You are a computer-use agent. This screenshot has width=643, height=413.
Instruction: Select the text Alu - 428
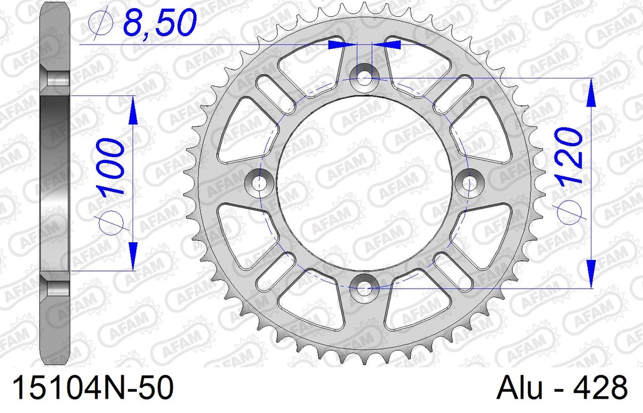562,387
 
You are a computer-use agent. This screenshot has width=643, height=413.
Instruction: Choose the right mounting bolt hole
470,183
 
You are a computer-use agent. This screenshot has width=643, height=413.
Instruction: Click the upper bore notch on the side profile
55,80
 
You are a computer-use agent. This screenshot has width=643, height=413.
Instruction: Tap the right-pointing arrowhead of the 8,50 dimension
343,45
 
